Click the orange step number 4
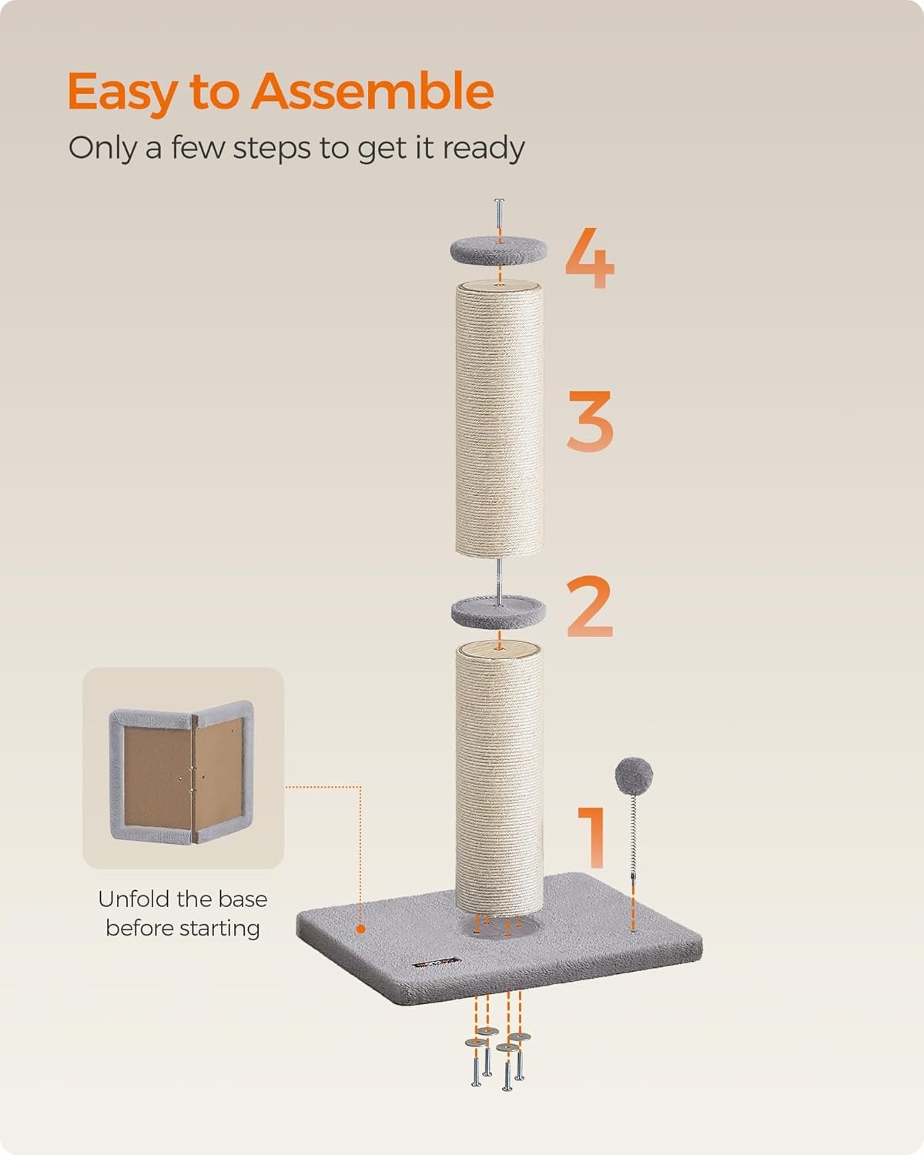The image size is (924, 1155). click(590, 258)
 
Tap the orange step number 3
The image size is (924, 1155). click(590, 420)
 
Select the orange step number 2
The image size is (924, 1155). click(590, 607)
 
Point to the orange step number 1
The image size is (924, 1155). click(592, 837)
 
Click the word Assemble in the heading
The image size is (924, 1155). click(373, 91)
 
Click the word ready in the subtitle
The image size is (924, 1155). click(484, 149)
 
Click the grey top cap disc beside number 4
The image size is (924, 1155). click(499, 251)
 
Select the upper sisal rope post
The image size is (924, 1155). click(499, 420)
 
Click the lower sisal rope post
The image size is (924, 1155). click(499, 779)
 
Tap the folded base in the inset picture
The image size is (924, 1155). click(182, 772)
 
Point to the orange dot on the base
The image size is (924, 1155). click(361, 929)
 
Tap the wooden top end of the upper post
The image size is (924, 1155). click(499, 286)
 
